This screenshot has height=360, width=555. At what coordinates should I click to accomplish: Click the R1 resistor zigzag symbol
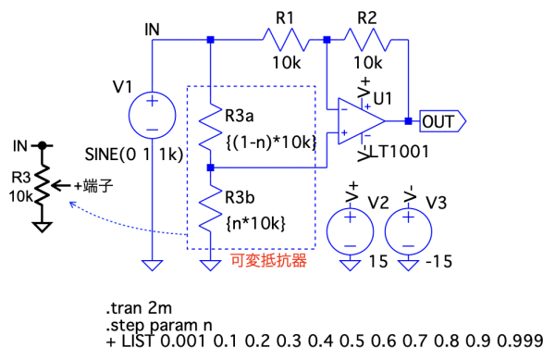coord(286,40)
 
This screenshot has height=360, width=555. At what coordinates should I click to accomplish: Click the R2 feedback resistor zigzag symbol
coord(367,40)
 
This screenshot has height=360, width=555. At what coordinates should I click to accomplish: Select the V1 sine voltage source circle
coord(153,116)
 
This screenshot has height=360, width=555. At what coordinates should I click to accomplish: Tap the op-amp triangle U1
coord(361,121)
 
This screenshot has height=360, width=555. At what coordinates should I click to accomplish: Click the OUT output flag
coord(442,121)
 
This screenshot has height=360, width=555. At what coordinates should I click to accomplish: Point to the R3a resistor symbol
coord(210,127)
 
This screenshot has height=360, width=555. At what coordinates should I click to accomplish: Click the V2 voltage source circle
coord(350,231)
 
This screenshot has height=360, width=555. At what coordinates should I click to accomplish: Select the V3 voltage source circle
coord(408,231)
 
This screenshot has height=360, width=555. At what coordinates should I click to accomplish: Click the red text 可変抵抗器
coord(268,261)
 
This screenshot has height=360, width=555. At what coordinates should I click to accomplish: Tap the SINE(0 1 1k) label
coord(134,155)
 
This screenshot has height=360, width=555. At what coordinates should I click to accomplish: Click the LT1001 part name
coord(400,152)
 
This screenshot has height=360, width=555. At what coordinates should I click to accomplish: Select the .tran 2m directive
coord(139,308)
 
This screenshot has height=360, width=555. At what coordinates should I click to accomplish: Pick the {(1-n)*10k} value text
coord(271,143)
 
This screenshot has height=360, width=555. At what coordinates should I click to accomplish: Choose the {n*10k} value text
coord(255,224)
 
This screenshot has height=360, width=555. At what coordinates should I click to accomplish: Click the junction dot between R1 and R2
coord(327,40)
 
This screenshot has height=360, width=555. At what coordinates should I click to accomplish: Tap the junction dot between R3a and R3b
coord(210,168)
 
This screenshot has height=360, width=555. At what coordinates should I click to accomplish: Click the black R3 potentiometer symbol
coord(43,185)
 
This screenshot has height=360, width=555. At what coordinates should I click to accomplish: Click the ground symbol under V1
coord(153,265)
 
